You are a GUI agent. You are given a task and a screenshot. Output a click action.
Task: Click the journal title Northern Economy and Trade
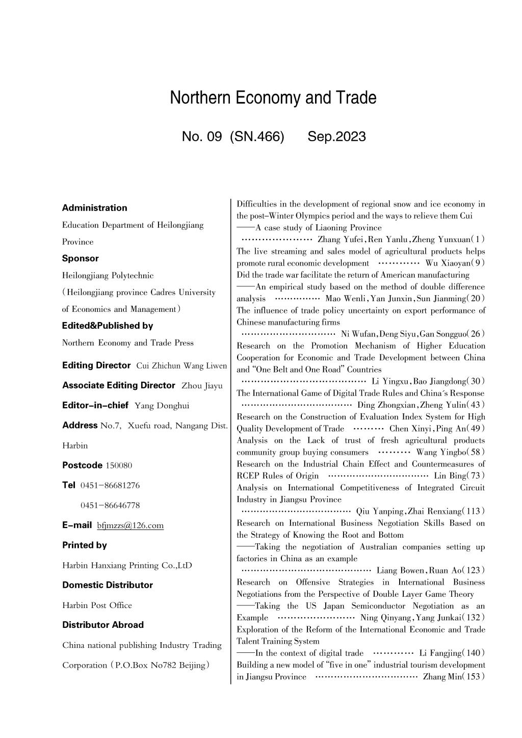point(273,97)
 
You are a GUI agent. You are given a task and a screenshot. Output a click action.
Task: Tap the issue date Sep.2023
point(336,137)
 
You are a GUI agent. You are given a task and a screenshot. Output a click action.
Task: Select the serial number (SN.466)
point(257,137)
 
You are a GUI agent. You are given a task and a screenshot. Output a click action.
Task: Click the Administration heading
point(94,208)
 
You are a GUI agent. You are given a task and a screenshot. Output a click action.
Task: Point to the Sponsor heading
point(81,258)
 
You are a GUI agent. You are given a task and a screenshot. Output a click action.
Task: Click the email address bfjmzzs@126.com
point(130,525)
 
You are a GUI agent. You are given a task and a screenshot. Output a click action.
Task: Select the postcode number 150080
point(119,465)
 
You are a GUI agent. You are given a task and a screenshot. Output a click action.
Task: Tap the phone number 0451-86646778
point(110,506)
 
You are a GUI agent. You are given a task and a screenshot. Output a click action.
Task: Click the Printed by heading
point(85,545)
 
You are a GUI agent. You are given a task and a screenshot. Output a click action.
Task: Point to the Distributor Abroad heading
point(103,625)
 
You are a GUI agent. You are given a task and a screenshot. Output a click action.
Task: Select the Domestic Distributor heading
point(108,585)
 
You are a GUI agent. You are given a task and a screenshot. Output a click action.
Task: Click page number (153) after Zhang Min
point(474,677)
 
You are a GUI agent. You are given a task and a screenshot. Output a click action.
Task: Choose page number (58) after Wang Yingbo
point(476,452)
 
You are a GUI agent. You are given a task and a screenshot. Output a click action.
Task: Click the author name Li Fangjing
point(440,653)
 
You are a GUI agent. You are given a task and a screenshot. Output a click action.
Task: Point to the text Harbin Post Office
point(97,605)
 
